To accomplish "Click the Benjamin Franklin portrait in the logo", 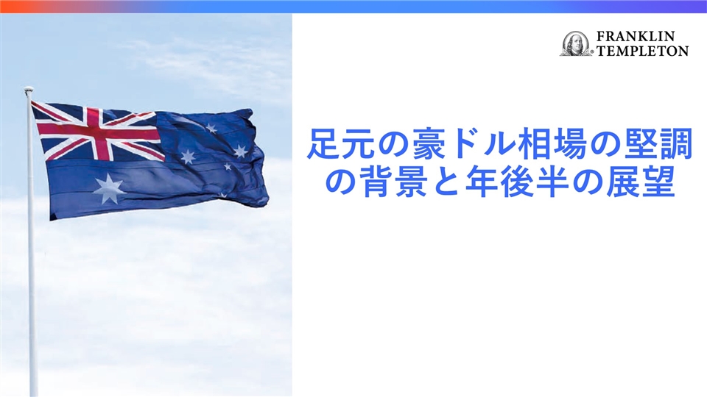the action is (576, 43).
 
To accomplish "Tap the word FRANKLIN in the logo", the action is (636, 36).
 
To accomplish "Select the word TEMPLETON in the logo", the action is (642, 51).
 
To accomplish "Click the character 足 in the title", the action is (323, 145).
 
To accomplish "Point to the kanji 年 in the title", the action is (481, 182).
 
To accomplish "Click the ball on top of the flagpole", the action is (29, 90).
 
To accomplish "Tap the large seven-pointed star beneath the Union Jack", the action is (108, 189).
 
